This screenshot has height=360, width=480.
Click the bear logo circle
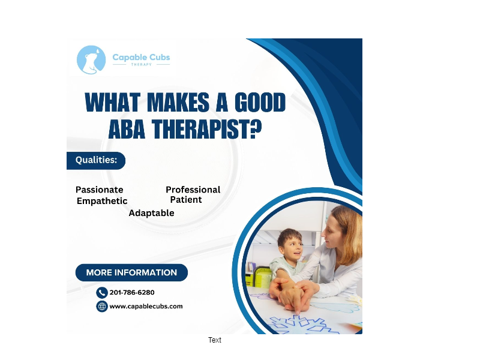pyautogui.click(x=91, y=60)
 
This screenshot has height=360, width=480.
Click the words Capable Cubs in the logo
pyautogui.click(x=141, y=58)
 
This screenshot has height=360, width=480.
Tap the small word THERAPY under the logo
pyautogui.click(x=142, y=65)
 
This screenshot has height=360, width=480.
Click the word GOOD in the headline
pyautogui.click(x=260, y=103)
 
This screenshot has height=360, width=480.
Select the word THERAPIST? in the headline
pyautogui.click(x=207, y=129)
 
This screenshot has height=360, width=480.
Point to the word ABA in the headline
pyautogui.click(x=127, y=129)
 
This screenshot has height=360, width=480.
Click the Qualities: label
pyautogui.click(x=96, y=160)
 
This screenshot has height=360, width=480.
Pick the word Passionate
pyautogui.click(x=99, y=190)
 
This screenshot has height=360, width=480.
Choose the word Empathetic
pyautogui.click(x=102, y=201)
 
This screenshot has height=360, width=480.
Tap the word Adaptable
pyautogui.click(x=151, y=213)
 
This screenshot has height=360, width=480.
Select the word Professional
pyautogui.click(x=193, y=190)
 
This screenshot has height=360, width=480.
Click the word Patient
pyautogui.click(x=186, y=200)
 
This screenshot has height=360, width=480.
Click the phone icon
pyautogui.click(x=101, y=293)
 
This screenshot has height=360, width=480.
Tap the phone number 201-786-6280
pyautogui.click(x=132, y=293)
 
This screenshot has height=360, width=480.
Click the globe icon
pyautogui.click(x=101, y=306)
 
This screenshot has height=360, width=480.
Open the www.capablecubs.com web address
pyautogui.click(x=146, y=307)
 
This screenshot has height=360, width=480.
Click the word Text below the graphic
pyautogui.click(x=215, y=340)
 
